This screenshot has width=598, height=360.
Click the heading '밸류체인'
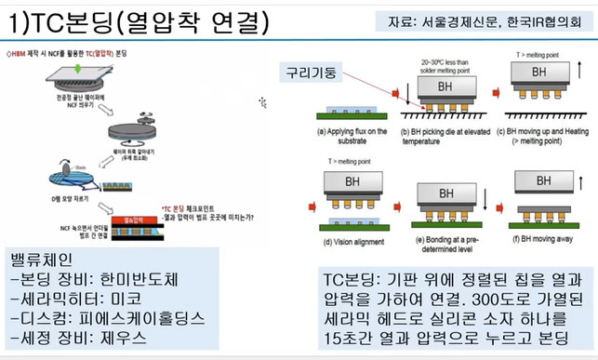pos(44,258)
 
